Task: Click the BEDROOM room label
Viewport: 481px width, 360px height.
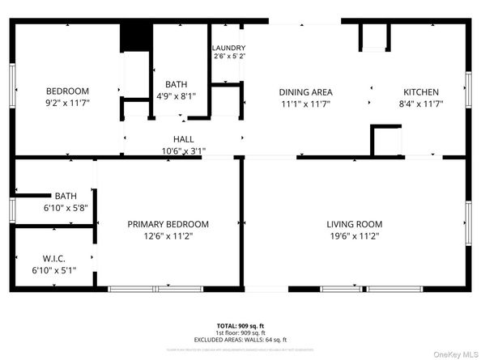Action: pyautogui.click(x=67, y=91)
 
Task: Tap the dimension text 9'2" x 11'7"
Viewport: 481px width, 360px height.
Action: pyautogui.click(x=67, y=104)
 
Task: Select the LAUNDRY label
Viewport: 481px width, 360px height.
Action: pyautogui.click(x=229, y=48)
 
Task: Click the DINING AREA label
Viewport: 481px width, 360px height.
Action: pyautogui.click(x=306, y=92)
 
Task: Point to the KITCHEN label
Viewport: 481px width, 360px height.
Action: pyautogui.click(x=421, y=92)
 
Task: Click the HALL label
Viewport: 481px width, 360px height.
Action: pyautogui.click(x=183, y=139)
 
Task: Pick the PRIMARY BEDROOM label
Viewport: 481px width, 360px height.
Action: pyautogui.click(x=168, y=224)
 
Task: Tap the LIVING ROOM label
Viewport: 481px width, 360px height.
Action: pyautogui.click(x=354, y=224)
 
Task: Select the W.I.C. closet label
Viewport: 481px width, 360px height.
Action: pyautogui.click(x=53, y=259)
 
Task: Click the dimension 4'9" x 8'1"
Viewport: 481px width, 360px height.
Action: pyautogui.click(x=176, y=95)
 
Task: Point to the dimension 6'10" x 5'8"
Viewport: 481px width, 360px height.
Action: pyautogui.click(x=54, y=208)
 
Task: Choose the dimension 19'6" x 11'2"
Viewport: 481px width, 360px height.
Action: pyautogui.click(x=354, y=236)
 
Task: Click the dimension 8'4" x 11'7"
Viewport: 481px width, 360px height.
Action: pyautogui.click(x=421, y=104)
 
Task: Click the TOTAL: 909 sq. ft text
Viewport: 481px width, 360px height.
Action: pyautogui.click(x=240, y=325)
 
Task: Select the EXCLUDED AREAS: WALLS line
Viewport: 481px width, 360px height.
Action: pyautogui.click(x=240, y=339)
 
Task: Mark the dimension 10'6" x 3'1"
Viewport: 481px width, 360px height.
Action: pyautogui.click(x=183, y=150)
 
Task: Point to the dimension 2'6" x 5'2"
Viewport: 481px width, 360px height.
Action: pyautogui.click(x=229, y=57)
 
